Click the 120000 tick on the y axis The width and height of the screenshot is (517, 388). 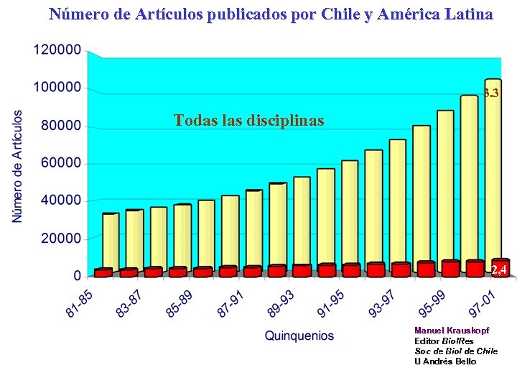tap(57, 50)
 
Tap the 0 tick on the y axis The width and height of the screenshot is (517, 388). tap(77, 276)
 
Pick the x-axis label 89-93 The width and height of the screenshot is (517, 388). tap(280, 301)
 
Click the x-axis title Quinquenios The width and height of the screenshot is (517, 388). tap(299, 336)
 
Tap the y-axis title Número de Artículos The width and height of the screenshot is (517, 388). tap(18, 165)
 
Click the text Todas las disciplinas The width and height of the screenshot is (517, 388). tap(248, 120)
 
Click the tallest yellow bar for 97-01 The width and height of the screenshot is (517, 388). tap(493, 172)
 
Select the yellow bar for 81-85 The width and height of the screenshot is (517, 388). tap(111, 241)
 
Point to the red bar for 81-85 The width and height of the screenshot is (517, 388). tap(103, 272)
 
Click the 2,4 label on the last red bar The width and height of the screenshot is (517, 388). tap(500, 269)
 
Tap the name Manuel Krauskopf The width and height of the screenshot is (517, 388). tap(452, 331)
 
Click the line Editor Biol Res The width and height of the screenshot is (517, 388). tap(444, 341)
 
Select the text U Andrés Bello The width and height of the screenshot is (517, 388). tap(445, 361)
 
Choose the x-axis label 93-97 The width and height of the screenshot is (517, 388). tap(381, 301)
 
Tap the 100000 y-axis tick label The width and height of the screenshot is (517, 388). tap(57, 88)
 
